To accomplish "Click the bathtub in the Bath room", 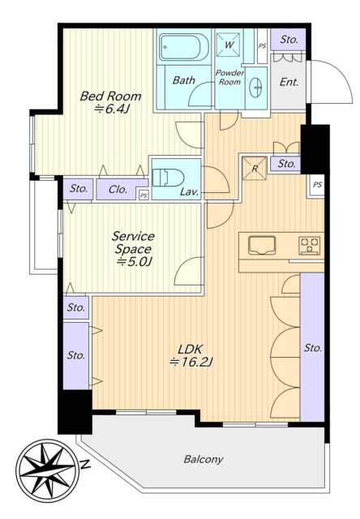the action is [x=183, y=46].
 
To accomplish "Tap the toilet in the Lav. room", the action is [x=168, y=178].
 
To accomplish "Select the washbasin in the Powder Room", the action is [x=255, y=88].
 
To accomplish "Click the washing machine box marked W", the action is [x=229, y=45].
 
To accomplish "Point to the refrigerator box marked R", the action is [x=254, y=169].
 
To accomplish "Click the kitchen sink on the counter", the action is [x=262, y=245].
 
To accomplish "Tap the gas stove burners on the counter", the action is [x=310, y=245].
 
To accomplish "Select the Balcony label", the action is [x=204, y=459].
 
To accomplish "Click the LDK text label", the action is [x=191, y=350].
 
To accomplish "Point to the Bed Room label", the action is [x=110, y=97].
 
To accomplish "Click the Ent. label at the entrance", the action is [x=289, y=82].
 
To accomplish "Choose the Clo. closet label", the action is [x=118, y=189].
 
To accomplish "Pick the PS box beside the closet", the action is [x=144, y=195].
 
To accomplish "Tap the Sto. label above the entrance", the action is [x=289, y=40].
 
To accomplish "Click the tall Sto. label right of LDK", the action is [x=313, y=348].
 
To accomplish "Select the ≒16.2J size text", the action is [x=191, y=362].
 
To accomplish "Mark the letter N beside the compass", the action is [x=85, y=465].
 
